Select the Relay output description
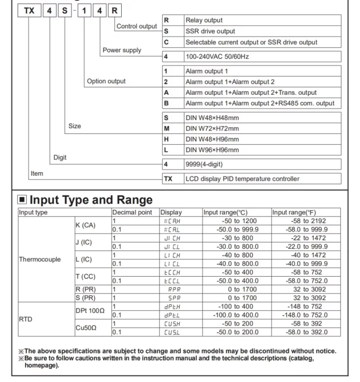(204, 20)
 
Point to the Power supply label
(122, 50)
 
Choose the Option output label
(106, 81)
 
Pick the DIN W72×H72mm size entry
(212, 128)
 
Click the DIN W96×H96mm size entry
(212, 150)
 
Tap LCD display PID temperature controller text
(242, 179)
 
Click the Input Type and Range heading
(91, 200)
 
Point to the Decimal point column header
(131, 212)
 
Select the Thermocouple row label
(40, 259)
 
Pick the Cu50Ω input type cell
(86, 327)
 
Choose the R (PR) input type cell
(86, 290)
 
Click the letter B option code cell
(167, 103)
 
